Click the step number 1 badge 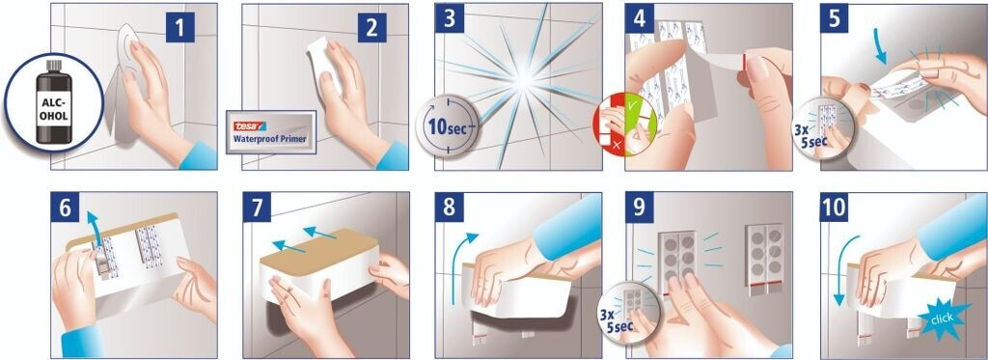point(180,28)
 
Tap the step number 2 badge point(371,28)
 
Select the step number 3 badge point(450,17)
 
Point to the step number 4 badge point(640,17)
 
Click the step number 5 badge point(835,17)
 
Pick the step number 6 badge point(65,207)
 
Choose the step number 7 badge point(257,207)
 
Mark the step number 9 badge point(640,207)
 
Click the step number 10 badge point(835,207)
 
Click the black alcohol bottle point(54,102)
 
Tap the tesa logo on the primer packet point(250,126)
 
